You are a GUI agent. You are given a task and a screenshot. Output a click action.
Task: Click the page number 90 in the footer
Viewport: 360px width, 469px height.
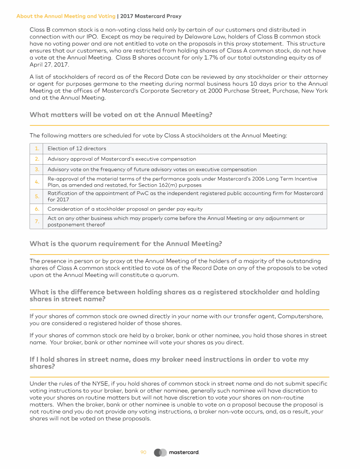[x=143, y=453]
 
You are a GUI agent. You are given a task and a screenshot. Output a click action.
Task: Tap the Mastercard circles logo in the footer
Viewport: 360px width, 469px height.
[x=160, y=453]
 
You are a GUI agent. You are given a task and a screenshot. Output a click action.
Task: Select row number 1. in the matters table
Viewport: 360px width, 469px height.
[x=36, y=149]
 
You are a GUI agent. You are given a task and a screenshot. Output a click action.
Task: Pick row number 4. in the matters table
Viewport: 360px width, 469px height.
[x=36, y=182]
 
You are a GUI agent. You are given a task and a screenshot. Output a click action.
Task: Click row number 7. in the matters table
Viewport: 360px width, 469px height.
[x=36, y=221]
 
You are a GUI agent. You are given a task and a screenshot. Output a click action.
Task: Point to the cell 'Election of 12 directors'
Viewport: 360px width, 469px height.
[x=77, y=149]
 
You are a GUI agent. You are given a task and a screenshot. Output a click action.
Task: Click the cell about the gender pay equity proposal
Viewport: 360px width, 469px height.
[x=125, y=209]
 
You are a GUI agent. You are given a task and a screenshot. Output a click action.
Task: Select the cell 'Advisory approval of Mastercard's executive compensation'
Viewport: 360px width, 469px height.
[x=122, y=159]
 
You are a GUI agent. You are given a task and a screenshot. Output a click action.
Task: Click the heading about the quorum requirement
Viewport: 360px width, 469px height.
[x=126, y=244]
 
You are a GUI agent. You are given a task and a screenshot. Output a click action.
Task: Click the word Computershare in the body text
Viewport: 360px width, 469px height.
[x=300, y=316]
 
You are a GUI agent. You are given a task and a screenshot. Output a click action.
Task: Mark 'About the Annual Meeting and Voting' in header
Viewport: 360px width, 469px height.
[x=66, y=16]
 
